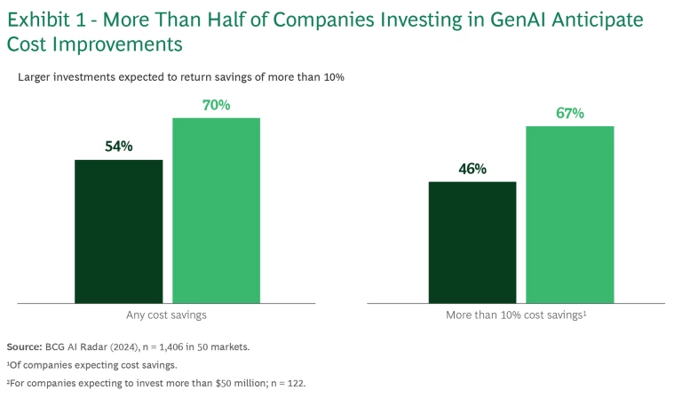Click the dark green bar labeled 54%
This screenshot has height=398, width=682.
[118, 231]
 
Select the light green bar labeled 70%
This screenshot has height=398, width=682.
[216, 210]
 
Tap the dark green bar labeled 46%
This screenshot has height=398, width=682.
[472, 242]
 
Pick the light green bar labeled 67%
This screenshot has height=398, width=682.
[570, 213]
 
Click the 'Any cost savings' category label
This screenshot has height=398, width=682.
[167, 315]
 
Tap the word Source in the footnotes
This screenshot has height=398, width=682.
[23, 346]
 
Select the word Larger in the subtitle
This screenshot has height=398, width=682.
[36, 77]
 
